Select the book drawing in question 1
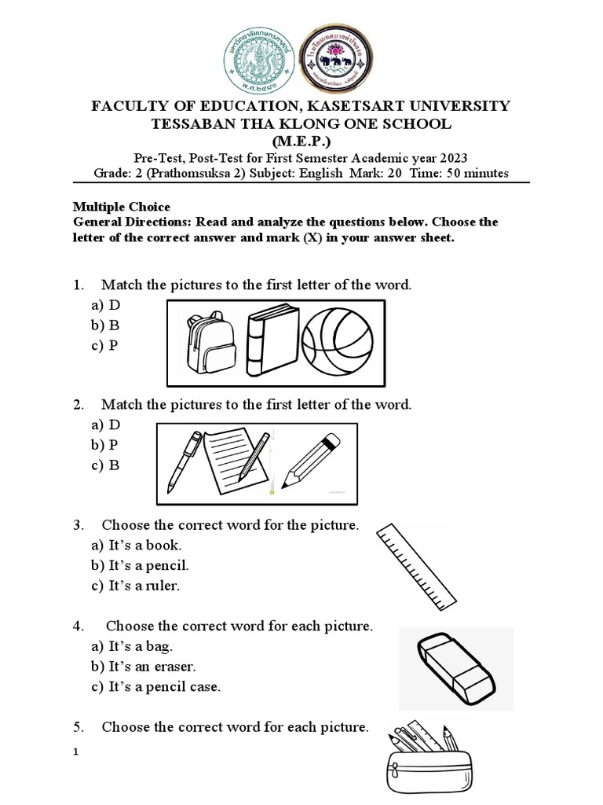(272, 343)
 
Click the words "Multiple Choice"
(122, 207)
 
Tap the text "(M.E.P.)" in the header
(301, 142)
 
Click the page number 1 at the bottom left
(76, 752)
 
